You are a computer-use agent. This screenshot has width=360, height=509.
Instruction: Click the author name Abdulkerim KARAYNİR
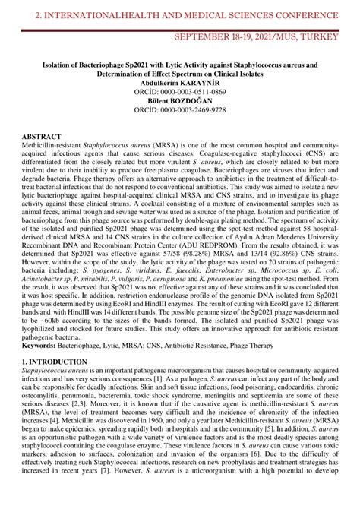pyautogui.click(x=180, y=82)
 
